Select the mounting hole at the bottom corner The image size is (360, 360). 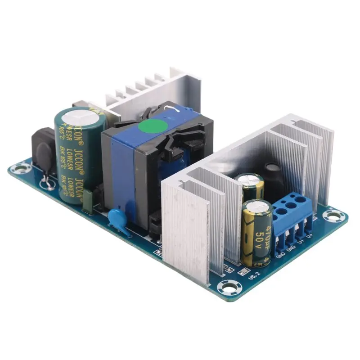coord(225,287)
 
